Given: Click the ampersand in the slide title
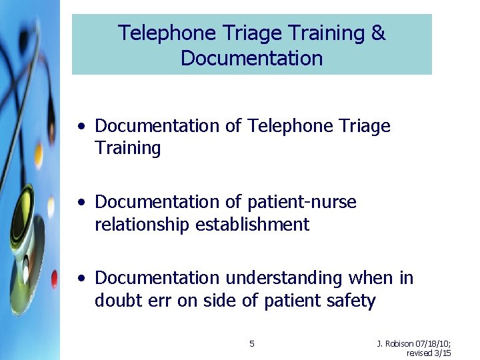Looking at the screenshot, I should [378, 33].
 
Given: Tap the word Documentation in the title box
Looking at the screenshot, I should [251, 59].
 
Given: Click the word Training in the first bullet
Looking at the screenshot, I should [127, 149].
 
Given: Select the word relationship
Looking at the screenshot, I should [142, 225].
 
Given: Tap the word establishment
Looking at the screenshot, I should [252, 225].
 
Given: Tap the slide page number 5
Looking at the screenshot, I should [251, 344].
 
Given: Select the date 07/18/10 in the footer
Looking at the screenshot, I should [433, 344].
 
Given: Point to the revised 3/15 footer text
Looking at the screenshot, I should [429, 353].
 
